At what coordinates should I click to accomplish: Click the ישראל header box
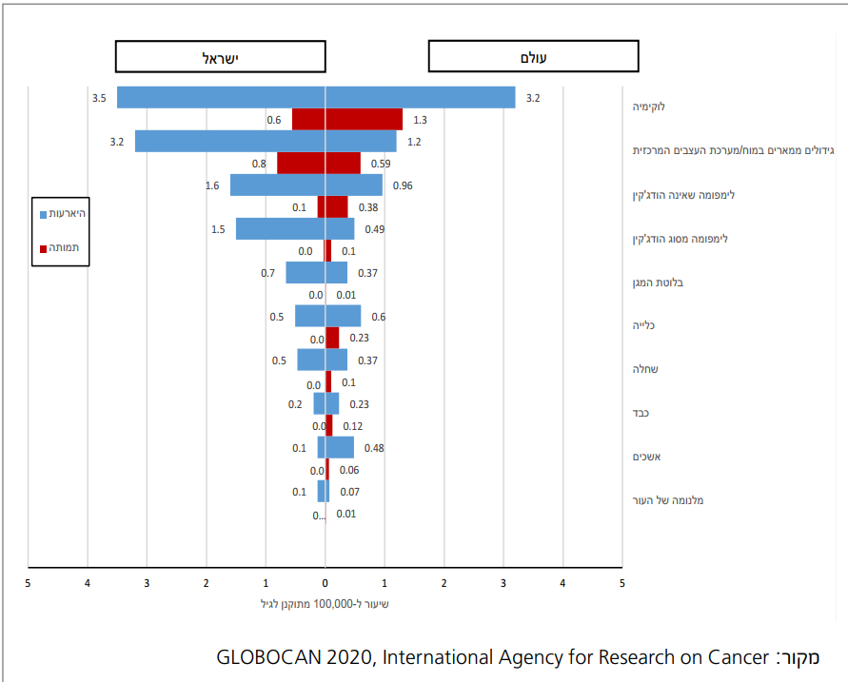220,57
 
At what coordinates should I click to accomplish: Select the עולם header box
533,57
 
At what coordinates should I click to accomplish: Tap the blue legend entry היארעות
63,213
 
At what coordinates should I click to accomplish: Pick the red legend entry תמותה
63,248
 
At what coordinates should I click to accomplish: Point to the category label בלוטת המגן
659,282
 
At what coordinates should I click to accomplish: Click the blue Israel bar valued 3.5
221,97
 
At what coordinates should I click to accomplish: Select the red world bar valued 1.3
365,120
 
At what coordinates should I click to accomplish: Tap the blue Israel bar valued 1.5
281,229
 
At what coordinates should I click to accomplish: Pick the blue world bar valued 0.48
340,448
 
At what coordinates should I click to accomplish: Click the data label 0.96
402,185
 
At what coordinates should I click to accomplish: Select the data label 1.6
212,185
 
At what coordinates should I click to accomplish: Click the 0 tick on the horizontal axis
325,582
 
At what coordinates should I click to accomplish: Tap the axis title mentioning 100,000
325,603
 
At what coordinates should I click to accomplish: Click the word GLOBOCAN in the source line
262,657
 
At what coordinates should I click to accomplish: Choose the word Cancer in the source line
739,657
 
